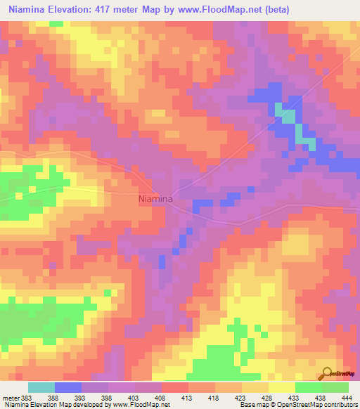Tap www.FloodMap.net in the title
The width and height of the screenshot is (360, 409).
(x=212, y=10)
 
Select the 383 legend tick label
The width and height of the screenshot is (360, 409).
(x=27, y=397)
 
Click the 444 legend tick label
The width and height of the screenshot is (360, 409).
(x=349, y=397)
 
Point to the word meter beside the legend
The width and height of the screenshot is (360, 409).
(x=11, y=397)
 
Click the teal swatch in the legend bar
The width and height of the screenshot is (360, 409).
(x=41, y=387)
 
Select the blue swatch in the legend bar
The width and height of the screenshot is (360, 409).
(x=67, y=387)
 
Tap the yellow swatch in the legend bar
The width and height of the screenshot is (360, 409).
(x=281, y=387)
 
